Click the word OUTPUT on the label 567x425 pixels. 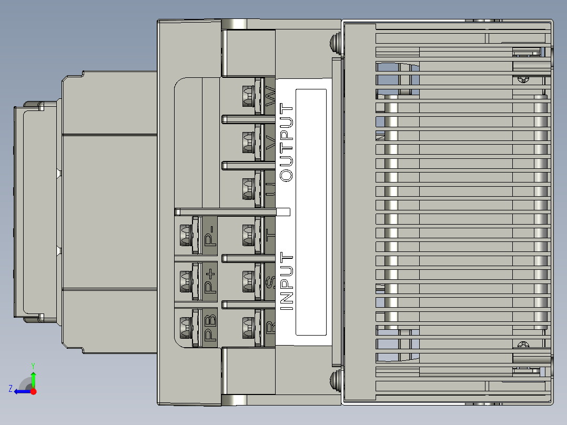(x=287, y=143)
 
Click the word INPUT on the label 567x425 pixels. (x=287, y=281)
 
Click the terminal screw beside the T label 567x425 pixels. (x=248, y=235)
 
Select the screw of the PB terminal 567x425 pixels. (x=185, y=328)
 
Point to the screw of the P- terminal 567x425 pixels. (x=185, y=235)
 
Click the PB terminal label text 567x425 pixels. (x=210, y=328)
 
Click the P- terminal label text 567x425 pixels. (x=210, y=235)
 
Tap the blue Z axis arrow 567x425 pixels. (x=21, y=391)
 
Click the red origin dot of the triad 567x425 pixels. (x=33, y=391)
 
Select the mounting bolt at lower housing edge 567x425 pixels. (x=335, y=379)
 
